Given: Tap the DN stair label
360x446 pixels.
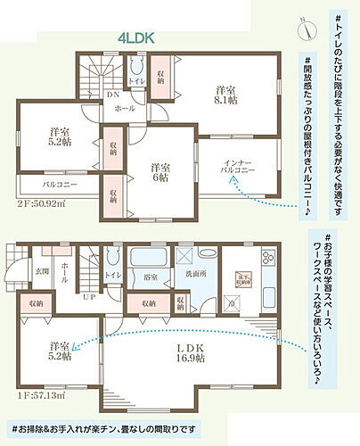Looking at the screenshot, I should (x=114, y=94).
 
